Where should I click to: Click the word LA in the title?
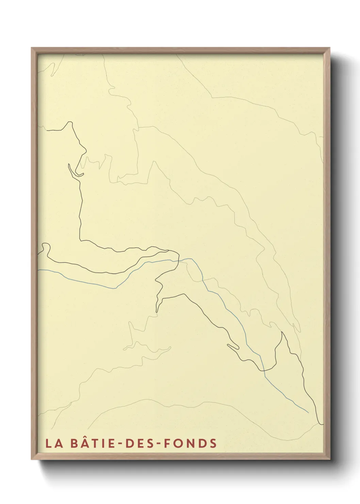point(54,443)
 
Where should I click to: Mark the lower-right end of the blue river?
point(308,412)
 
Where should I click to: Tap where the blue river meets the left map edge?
point(38,270)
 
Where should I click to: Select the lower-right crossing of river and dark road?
point(264,370)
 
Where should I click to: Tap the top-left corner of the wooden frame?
point(32,48)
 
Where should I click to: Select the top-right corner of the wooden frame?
point(330,48)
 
